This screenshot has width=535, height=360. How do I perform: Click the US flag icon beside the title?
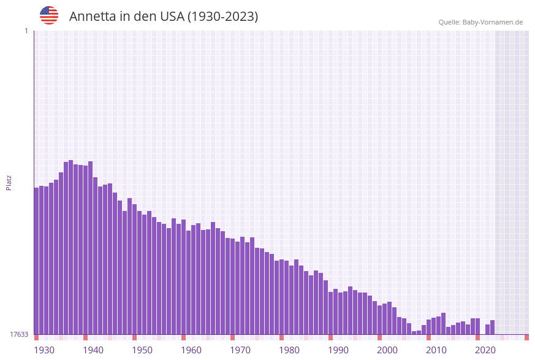[x=49, y=15]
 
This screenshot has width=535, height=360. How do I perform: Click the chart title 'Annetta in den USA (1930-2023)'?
[x=164, y=17]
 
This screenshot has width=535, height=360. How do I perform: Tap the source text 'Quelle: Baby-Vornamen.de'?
[x=480, y=22]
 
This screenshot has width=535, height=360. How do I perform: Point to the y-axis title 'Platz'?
[x=9, y=182]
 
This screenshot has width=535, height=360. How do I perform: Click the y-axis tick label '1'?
[x=26, y=31]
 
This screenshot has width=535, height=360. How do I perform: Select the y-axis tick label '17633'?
[x=19, y=334]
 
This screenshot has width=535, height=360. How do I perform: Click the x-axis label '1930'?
[x=44, y=350]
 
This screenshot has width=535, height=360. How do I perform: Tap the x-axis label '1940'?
[x=93, y=350]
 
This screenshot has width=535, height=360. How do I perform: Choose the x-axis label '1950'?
[x=142, y=350]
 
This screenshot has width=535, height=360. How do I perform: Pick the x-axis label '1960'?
[x=191, y=350]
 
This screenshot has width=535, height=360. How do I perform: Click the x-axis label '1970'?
[x=240, y=350]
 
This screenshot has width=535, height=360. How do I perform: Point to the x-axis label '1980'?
[x=289, y=350]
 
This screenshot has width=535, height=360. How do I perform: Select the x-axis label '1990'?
[x=338, y=350]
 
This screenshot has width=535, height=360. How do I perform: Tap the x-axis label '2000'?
[x=387, y=350]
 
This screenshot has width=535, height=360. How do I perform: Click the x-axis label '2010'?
[x=436, y=350]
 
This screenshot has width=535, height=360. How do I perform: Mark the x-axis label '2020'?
[x=485, y=350]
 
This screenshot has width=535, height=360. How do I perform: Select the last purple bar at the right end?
[x=492, y=327]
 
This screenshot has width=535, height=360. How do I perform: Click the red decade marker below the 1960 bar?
[x=183, y=337]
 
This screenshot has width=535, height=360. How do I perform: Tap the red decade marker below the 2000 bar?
[x=379, y=337]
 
